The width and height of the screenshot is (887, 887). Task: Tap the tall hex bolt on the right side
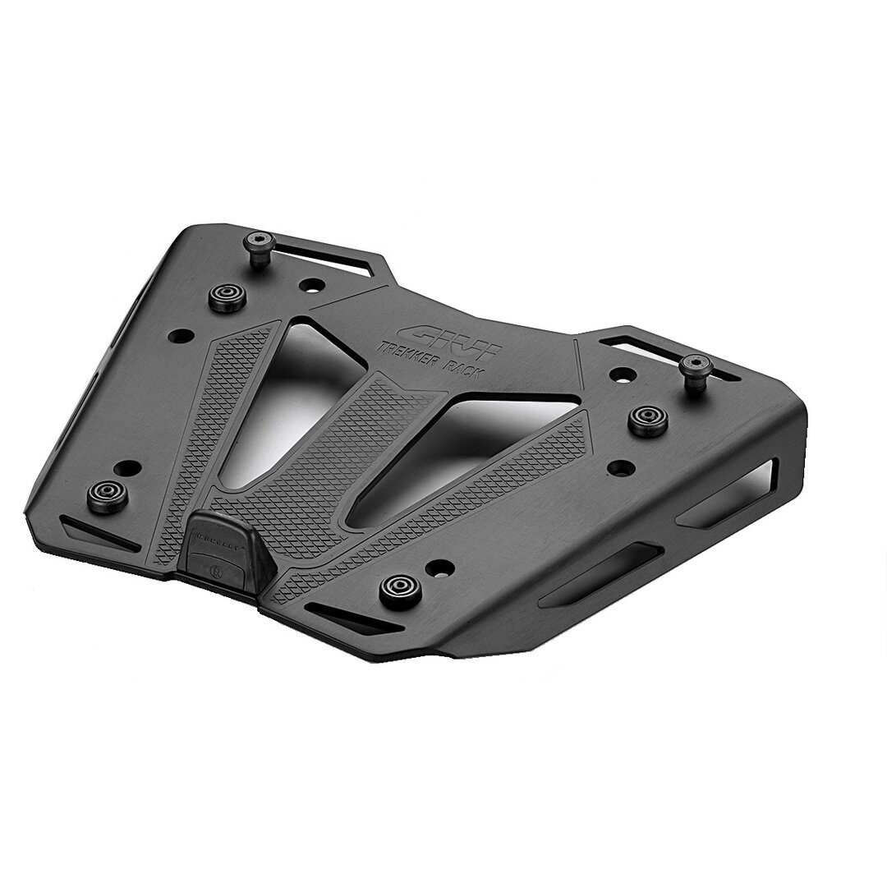pos(696,370)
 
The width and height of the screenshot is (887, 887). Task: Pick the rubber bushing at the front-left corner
pos(108,497)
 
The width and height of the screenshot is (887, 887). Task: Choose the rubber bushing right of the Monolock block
pos(401,588)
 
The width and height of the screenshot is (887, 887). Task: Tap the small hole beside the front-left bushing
pos(126,469)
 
